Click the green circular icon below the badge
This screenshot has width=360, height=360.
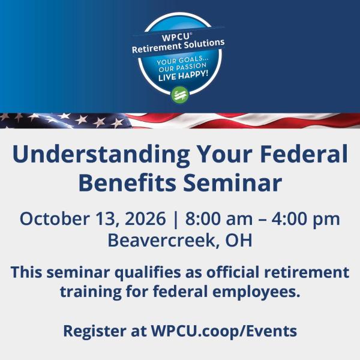click(x=180, y=95)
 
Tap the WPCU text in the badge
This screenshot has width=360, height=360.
click(x=176, y=37)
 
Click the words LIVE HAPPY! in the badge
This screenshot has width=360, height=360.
click(x=184, y=76)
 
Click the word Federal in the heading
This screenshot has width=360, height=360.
click(x=304, y=153)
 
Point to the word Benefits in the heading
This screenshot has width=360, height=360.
click(x=127, y=182)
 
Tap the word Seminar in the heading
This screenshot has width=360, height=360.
click(x=232, y=182)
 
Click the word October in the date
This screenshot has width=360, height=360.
click(x=55, y=218)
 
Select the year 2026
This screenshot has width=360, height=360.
click(x=145, y=218)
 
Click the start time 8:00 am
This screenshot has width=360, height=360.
click(x=219, y=218)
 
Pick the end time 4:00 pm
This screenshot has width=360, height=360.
click(x=305, y=220)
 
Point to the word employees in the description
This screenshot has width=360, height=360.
click(x=256, y=292)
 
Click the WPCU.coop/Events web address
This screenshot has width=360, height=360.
click(x=224, y=332)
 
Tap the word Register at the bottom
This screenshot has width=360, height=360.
click(x=95, y=332)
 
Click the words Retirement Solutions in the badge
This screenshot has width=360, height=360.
click(x=178, y=46)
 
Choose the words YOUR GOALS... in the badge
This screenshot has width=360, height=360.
click(x=182, y=61)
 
